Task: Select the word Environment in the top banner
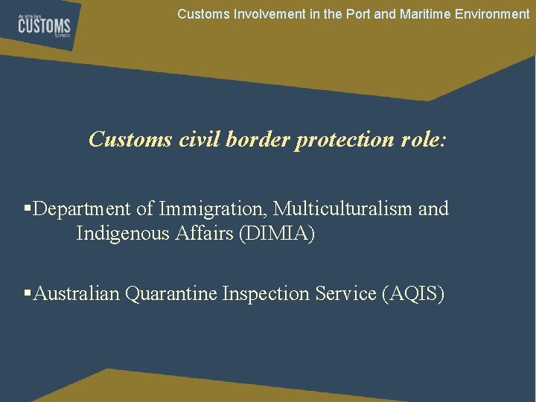[492, 13]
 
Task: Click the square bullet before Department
[28, 209]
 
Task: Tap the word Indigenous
[124, 234]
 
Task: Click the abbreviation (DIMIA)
[279, 234]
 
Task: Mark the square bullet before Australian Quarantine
[28, 294]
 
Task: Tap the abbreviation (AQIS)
[412, 294]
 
